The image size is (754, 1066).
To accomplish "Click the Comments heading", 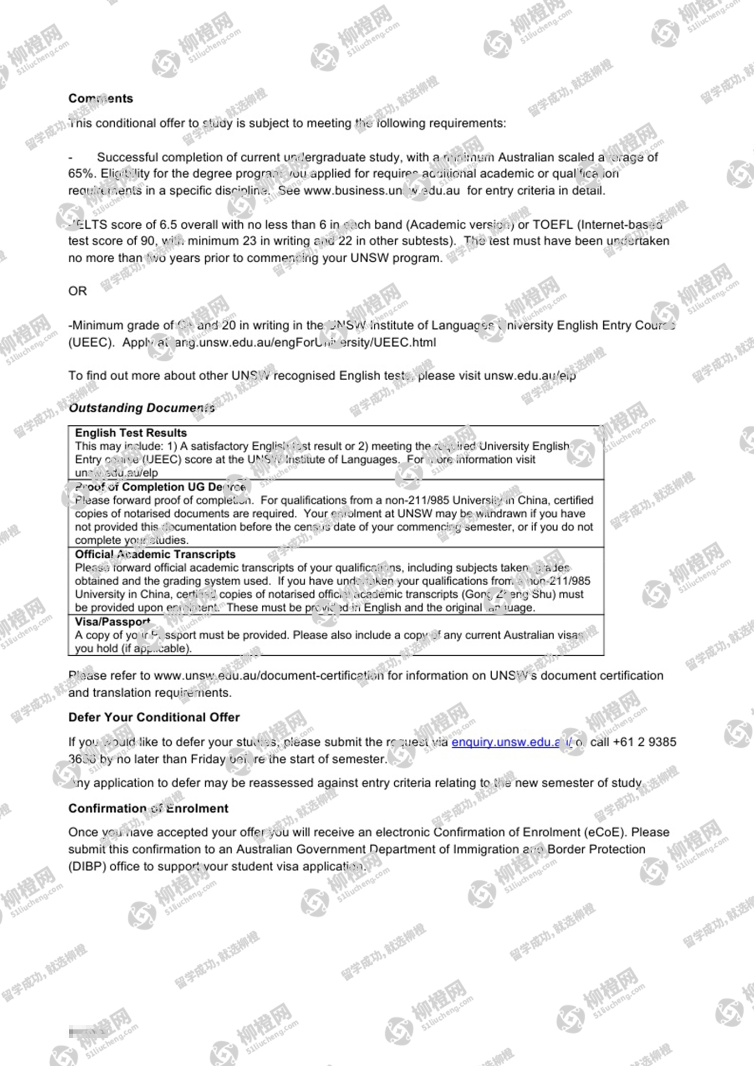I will (100, 99).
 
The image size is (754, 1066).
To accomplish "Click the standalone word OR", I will (77, 291).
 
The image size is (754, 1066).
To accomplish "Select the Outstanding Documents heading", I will (142, 408).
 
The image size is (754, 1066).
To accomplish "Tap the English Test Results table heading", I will (131, 433).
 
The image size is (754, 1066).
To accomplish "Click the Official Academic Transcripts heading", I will (155, 555).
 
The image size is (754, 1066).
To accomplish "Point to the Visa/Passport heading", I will (112, 622).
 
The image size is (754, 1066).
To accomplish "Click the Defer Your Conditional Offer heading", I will (154, 718).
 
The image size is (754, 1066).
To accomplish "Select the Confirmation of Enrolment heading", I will (148, 809).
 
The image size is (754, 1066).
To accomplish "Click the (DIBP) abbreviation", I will (87, 867).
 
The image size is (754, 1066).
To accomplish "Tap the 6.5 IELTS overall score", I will (168, 225).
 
